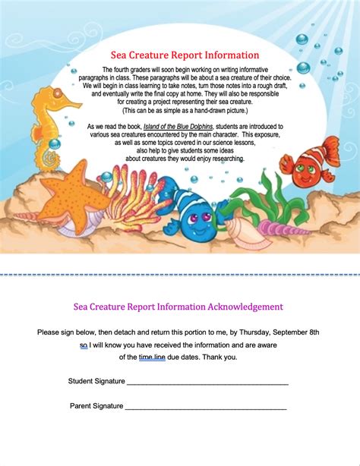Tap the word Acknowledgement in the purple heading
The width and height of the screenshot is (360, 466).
click(239, 307)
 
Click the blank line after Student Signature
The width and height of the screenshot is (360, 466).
click(207, 383)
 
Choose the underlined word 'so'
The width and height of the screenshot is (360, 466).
click(84, 345)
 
